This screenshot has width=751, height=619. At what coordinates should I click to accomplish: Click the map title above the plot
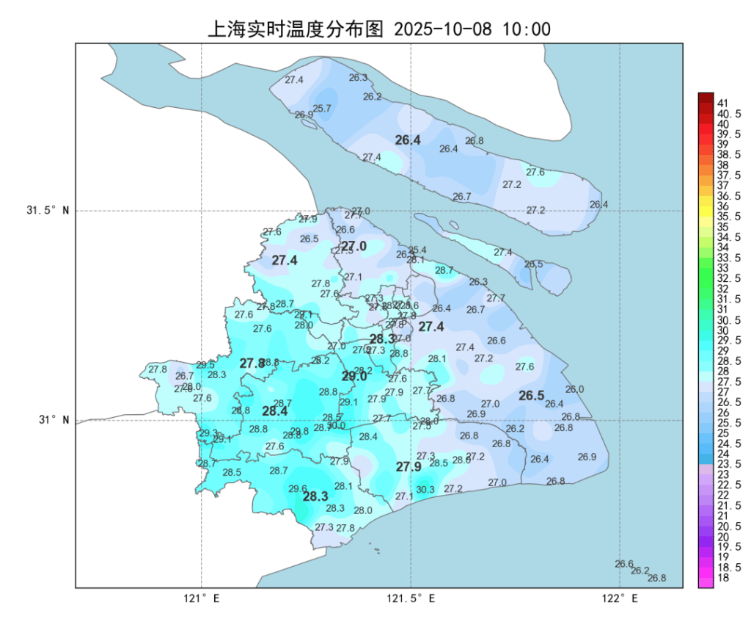(379, 29)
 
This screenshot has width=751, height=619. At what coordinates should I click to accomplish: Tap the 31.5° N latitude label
(48, 211)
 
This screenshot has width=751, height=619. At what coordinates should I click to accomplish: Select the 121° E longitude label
(202, 598)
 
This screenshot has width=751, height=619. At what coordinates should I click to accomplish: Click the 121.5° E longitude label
(411, 598)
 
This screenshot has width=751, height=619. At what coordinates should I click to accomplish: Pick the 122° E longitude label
(620, 598)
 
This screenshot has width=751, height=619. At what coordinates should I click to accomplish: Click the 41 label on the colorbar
(722, 103)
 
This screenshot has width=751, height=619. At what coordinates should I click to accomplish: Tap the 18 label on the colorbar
(722, 578)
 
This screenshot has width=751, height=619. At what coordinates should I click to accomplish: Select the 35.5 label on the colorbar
(728, 217)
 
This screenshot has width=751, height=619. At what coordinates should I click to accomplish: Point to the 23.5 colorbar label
(728, 465)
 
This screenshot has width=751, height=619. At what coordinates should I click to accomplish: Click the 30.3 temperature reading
(425, 490)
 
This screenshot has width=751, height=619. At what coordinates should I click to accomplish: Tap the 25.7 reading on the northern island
(322, 109)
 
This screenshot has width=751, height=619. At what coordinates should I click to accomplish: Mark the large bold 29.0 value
(354, 377)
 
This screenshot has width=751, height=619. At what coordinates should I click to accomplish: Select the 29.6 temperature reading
(298, 489)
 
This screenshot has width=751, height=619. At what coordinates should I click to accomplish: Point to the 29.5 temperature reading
(206, 365)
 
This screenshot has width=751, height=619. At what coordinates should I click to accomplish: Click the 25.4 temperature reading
(418, 250)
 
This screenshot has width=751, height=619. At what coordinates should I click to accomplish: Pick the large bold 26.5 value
(532, 397)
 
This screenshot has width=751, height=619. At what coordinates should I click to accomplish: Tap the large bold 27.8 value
(252, 363)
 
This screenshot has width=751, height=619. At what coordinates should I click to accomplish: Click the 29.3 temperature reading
(208, 433)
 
